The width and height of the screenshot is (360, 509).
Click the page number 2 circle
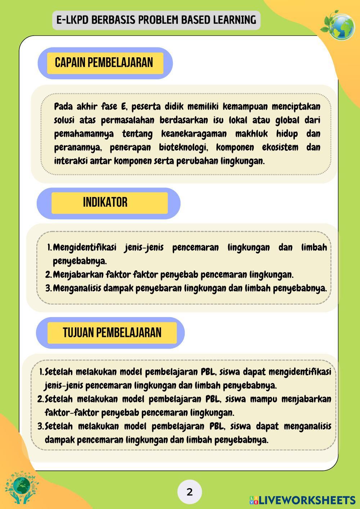pyautogui.click(x=190, y=492)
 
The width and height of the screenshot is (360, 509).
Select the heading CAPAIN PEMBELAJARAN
pyautogui.click(x=104, y=63)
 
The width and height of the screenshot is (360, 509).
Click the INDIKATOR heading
pyautogui.click(x=105, y=202)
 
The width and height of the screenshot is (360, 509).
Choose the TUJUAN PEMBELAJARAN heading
pyautogui.click(x=112, y=332)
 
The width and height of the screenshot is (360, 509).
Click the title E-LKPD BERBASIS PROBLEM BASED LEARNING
pyautogui.click(x=156, y=20)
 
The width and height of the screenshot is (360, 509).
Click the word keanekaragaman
pyautogui.click(x=194, y=134)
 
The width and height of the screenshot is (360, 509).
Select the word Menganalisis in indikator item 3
pyautogui.click(x=77, y=288)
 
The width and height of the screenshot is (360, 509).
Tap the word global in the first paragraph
pyautogui.click(x=288, y=120)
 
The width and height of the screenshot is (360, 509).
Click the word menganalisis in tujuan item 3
pyautogui.click(x=307, y=426)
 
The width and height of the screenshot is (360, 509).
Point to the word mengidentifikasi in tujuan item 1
pyautogui.click(x=300, y=371)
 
